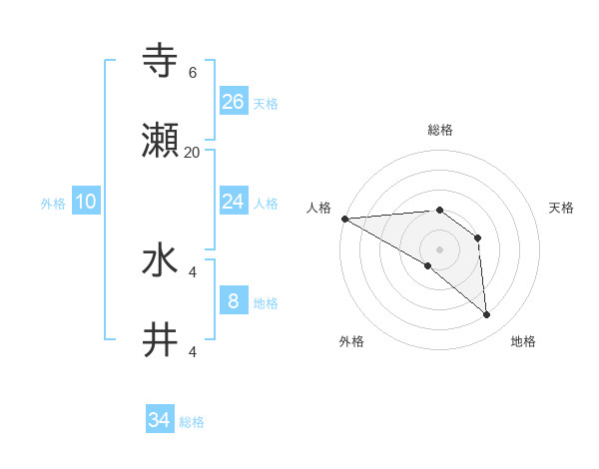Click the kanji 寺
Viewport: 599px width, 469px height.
(x=161, y=61)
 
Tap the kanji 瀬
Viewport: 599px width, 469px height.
(x=161, y=143)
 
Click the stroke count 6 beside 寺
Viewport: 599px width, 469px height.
(x=192, y=72)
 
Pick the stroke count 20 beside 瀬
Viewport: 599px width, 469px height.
(x=192, y=152)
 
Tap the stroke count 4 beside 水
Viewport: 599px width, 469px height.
(x=192, y=270)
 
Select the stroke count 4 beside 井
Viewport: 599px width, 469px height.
(x=192, y=351)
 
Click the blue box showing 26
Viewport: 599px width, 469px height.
(x=234, y=101)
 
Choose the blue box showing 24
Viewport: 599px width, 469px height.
(x=234, y=202)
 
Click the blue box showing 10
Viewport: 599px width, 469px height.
(x=86, y=202)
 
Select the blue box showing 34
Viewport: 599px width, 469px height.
(x=160, y=420)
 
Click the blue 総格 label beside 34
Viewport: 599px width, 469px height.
(x=192, y=422)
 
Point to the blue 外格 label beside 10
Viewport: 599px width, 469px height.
(x=53, y=204)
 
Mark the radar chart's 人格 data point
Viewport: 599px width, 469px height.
(x=343, y=219)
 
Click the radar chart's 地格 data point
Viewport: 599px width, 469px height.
(x=487, y=315)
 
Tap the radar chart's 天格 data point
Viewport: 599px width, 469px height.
(x=478, y=238)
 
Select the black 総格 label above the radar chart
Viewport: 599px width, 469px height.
(x=440, y=130)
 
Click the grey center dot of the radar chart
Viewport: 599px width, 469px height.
(x=439, y=248)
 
